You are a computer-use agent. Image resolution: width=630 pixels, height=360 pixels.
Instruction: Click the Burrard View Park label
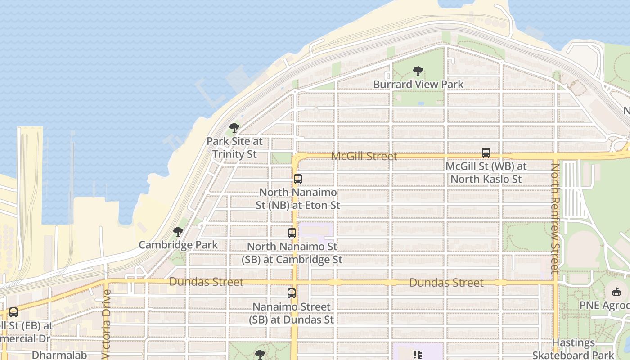418,84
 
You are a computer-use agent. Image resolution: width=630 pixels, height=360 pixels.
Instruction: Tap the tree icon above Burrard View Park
418,71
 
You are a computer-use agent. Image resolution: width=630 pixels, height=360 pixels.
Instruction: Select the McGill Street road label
364,156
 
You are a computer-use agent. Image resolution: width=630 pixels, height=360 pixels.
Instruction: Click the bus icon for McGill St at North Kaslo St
486,153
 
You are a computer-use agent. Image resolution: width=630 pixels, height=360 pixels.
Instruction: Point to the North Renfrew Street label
555,218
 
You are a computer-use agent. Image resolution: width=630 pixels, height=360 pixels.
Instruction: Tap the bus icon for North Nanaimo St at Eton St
297,179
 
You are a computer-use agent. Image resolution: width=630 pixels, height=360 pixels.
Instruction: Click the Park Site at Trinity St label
234,148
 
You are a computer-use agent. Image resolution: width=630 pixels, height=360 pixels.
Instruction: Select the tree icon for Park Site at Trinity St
234,128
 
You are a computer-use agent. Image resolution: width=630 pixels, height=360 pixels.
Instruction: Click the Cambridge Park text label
178,245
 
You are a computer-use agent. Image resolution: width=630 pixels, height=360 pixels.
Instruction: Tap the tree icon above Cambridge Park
178,232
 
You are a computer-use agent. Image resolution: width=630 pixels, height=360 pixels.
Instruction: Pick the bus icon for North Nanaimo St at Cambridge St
292,233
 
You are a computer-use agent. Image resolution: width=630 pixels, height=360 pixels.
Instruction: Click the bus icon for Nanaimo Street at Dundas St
292,293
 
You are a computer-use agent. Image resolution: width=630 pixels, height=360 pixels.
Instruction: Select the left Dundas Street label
207,282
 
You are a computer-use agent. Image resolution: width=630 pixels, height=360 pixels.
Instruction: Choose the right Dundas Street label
446,283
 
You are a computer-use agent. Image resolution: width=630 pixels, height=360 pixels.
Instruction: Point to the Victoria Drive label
106,324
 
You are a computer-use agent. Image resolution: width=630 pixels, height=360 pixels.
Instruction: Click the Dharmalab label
59,355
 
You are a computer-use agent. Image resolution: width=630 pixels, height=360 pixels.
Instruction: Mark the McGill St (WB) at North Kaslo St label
486,172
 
